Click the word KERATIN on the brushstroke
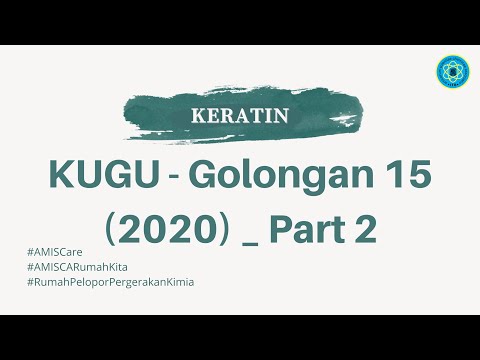click(240, 114)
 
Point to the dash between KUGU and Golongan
click(164, 181)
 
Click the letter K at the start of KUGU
click(60, 178)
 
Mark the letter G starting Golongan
click(197, 178)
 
